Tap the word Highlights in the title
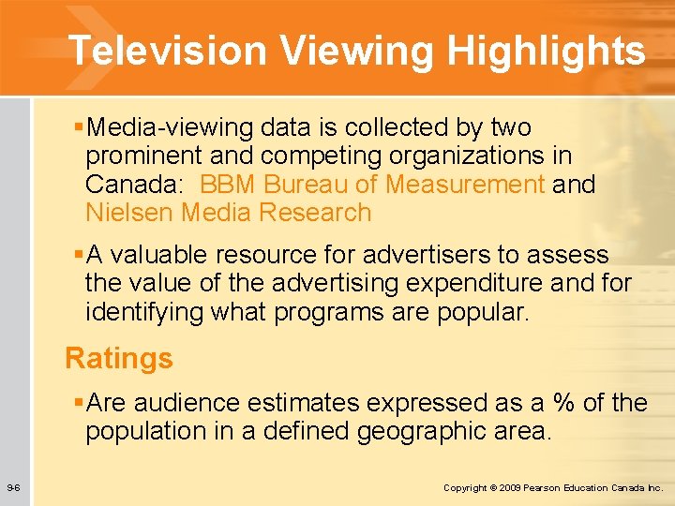[x=546, y=51]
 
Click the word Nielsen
[x=129, y=213]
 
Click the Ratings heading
[x=119, y=358]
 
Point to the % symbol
[x=563, y=403]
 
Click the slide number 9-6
[x=14, y=487]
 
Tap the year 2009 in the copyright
[x=510, y=488]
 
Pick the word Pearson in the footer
[x=543, y=488]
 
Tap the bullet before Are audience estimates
[x=78, y=403]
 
